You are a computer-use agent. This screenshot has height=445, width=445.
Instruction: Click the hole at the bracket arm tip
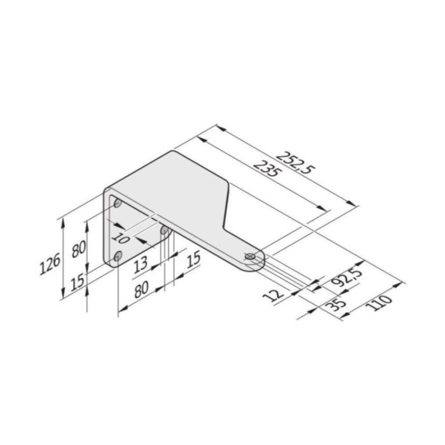coord(250,256)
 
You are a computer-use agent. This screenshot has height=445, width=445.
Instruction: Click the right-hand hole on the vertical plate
coord(164,231)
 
